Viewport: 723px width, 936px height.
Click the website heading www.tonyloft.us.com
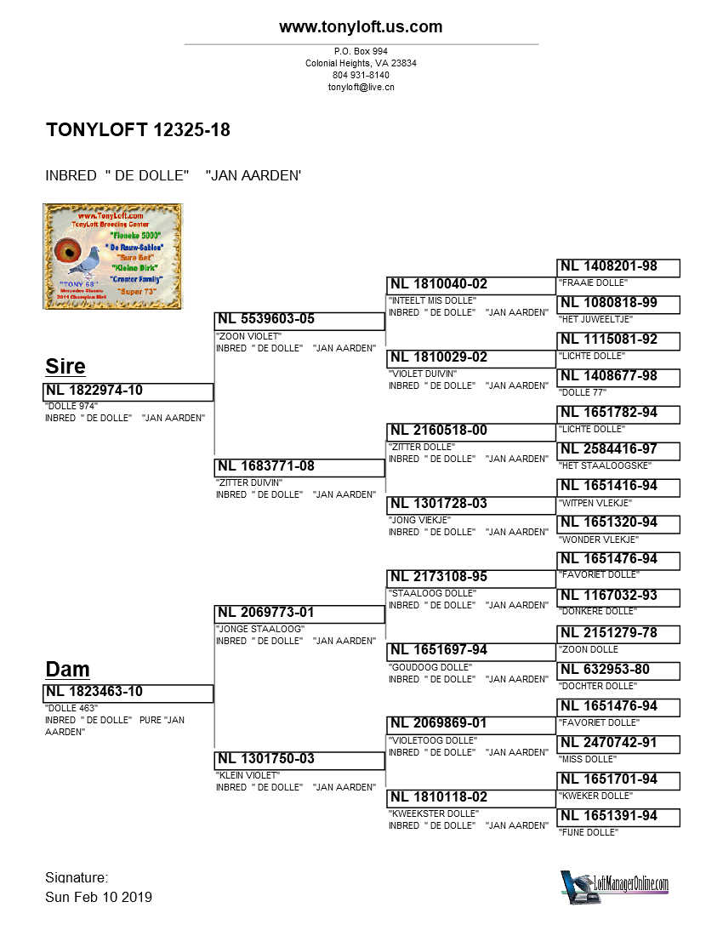click(x=361, y=27)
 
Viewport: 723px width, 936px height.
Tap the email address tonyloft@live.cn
click(x=361, y=87)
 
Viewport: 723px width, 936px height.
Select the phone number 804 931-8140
click(x=361, y=75)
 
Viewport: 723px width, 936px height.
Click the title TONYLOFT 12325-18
click(x=138, y=130)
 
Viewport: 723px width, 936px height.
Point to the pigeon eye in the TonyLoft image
click(x=67, y=253)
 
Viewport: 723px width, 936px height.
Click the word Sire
click(x=65, y=367)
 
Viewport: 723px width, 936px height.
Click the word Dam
click(x=67, y=670)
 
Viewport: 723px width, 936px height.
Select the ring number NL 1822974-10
click(x=94, y=391)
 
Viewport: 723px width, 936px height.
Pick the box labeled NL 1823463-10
click(x=128, y=693)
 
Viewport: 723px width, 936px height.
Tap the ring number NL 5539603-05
click(x=266, y=319)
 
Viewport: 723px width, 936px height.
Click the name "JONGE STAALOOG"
click(x=260, y=629)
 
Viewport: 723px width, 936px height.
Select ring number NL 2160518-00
click(x=439, y=431)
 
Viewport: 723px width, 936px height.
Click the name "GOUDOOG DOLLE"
click(x=432, y=667)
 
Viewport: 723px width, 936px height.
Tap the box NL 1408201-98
click(x=618, y=267)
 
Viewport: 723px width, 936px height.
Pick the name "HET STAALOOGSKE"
click(x=605, y=465)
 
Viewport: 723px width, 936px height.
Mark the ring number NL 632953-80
click(x=605, y=670)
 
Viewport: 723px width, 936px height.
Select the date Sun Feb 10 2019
click(x=99, y=897)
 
